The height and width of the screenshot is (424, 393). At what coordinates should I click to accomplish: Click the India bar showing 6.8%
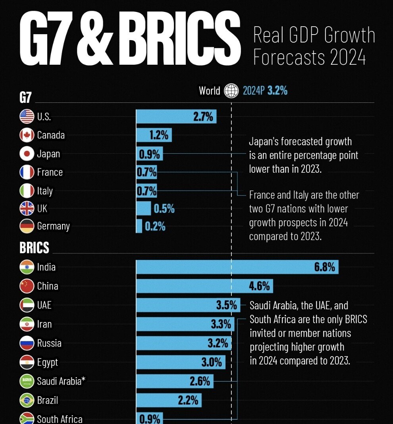pos(237,267)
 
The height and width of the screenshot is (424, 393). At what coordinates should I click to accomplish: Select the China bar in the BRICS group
pos(204,286)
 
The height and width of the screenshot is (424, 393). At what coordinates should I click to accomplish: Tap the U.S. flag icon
pos(27,116)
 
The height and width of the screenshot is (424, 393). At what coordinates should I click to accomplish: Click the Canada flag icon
pos(27,135)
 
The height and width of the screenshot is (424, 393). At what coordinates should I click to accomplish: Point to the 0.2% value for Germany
pos(155,226)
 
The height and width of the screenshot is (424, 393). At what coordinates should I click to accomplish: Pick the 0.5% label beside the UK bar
pos(164,208)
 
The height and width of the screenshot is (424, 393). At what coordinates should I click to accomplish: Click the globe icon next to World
pos(231,91)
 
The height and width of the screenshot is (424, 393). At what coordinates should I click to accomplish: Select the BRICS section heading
pos(35,248)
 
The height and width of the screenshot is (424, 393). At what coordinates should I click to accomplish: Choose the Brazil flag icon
pos(27,400)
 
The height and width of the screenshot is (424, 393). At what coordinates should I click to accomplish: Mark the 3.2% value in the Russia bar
pos(218,343)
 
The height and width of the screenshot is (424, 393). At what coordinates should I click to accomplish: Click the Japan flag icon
pos(27,154)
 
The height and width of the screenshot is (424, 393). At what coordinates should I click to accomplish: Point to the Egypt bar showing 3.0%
pos(181,362)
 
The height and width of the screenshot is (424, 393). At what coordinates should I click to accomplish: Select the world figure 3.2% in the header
pos(277,91)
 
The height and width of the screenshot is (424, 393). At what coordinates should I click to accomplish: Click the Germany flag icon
pos(27,226)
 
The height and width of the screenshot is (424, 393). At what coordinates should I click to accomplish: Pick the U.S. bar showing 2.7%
pos(176,117)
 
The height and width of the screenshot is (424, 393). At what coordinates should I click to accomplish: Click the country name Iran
pos(44,324)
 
